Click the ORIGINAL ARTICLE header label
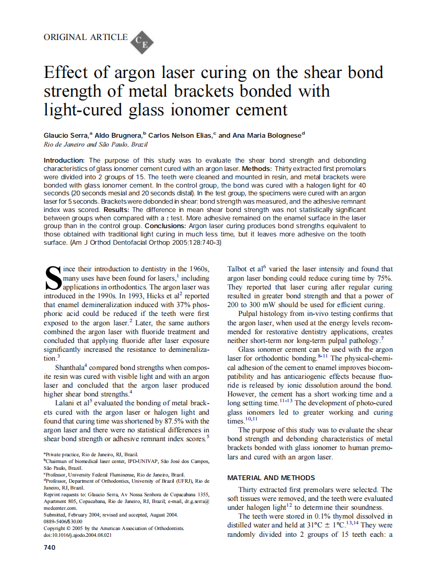pos(85,37)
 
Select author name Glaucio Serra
pos(66,135)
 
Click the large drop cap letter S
pos(53,278)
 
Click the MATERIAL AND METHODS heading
pos(271,478)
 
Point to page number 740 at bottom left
pos(50,547)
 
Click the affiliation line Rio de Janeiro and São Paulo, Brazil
pos(96,144)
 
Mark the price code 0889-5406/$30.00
pos(63,521)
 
